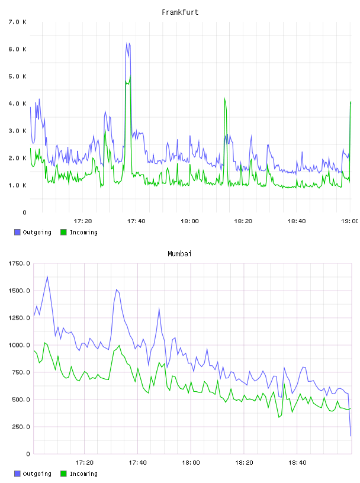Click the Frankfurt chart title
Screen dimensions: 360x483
click(180, 12)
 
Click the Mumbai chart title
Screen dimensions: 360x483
click(179, 254)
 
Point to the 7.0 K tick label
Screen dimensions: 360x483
click(18, 22)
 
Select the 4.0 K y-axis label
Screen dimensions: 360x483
click(18, 104)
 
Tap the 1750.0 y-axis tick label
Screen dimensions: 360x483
click(19, 263)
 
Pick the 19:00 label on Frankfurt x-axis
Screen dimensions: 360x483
click(350, 221)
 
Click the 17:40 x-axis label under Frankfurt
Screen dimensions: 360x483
click(136, 221)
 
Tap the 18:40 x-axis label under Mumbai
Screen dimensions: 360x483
click(297, 462)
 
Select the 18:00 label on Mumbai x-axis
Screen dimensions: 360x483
click(191, 462)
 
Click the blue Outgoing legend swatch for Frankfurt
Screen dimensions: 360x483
click(17, 232)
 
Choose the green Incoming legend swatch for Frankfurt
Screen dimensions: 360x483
click(63, 232)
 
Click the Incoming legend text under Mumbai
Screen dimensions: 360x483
click(83, 474)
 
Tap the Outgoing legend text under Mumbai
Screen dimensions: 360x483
click(37, 474)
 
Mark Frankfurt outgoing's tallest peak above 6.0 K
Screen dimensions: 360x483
click(127, 43)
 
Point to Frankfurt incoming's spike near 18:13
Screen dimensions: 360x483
click(224, 99)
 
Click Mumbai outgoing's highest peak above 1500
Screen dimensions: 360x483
click(47, 276)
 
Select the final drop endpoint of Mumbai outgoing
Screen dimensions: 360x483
click(351, 436)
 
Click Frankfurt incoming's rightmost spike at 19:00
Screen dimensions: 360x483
click(351, 102)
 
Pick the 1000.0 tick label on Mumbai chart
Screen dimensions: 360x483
click(19, 345)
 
